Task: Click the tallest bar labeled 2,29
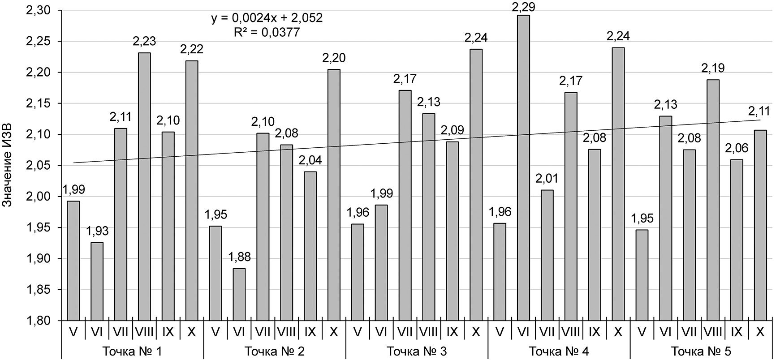coord(523,168)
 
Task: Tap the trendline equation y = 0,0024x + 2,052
coord(267,18)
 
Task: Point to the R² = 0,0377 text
coord(267,32)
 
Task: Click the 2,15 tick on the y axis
coord(39,103)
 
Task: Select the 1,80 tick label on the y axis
coord(39,321)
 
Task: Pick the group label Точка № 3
coord(416,351)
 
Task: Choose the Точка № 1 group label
coord(132,351)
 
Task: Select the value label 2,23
coord(144,42)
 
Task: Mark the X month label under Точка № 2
coord(333,332)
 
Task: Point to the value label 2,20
coord(334,58)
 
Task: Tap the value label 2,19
coord(713,69)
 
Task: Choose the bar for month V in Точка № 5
coord(642,275)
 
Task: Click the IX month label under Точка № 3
coord(452,332)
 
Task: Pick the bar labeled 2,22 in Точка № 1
coord(192,191)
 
